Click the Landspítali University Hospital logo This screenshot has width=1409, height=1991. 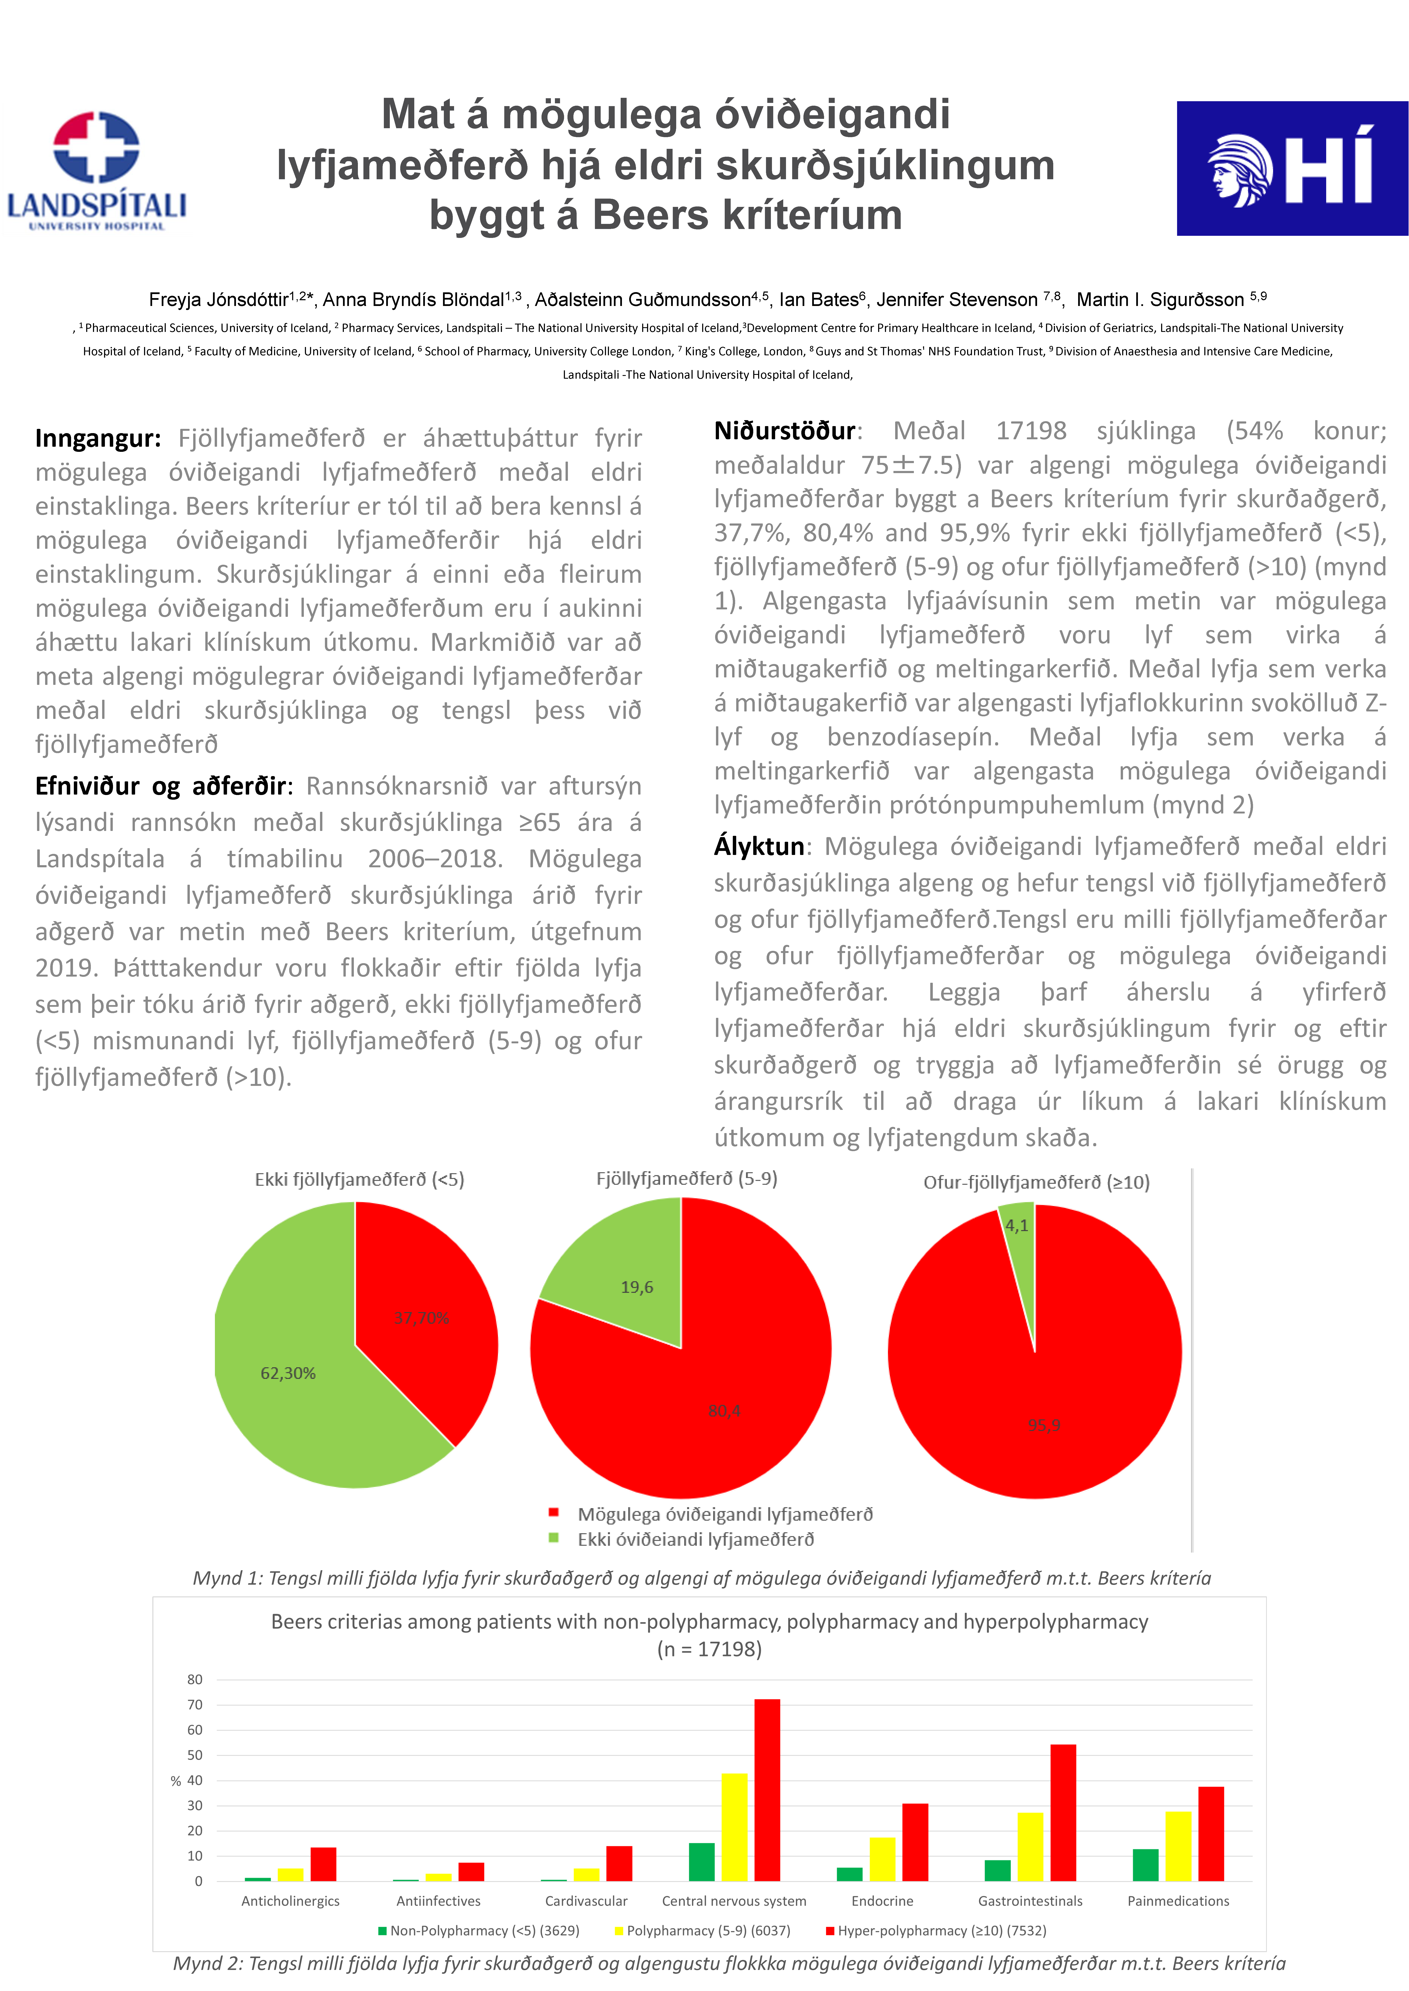tap(97, 171)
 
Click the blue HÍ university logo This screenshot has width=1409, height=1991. tap(1291, 168)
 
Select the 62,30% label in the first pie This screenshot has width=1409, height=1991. tap(288, 1373)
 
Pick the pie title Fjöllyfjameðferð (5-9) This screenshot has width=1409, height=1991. tap(686, 1179)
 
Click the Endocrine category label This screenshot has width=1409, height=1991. tap(882, 1901)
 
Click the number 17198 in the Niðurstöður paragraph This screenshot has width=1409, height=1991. tap(1031, 431)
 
